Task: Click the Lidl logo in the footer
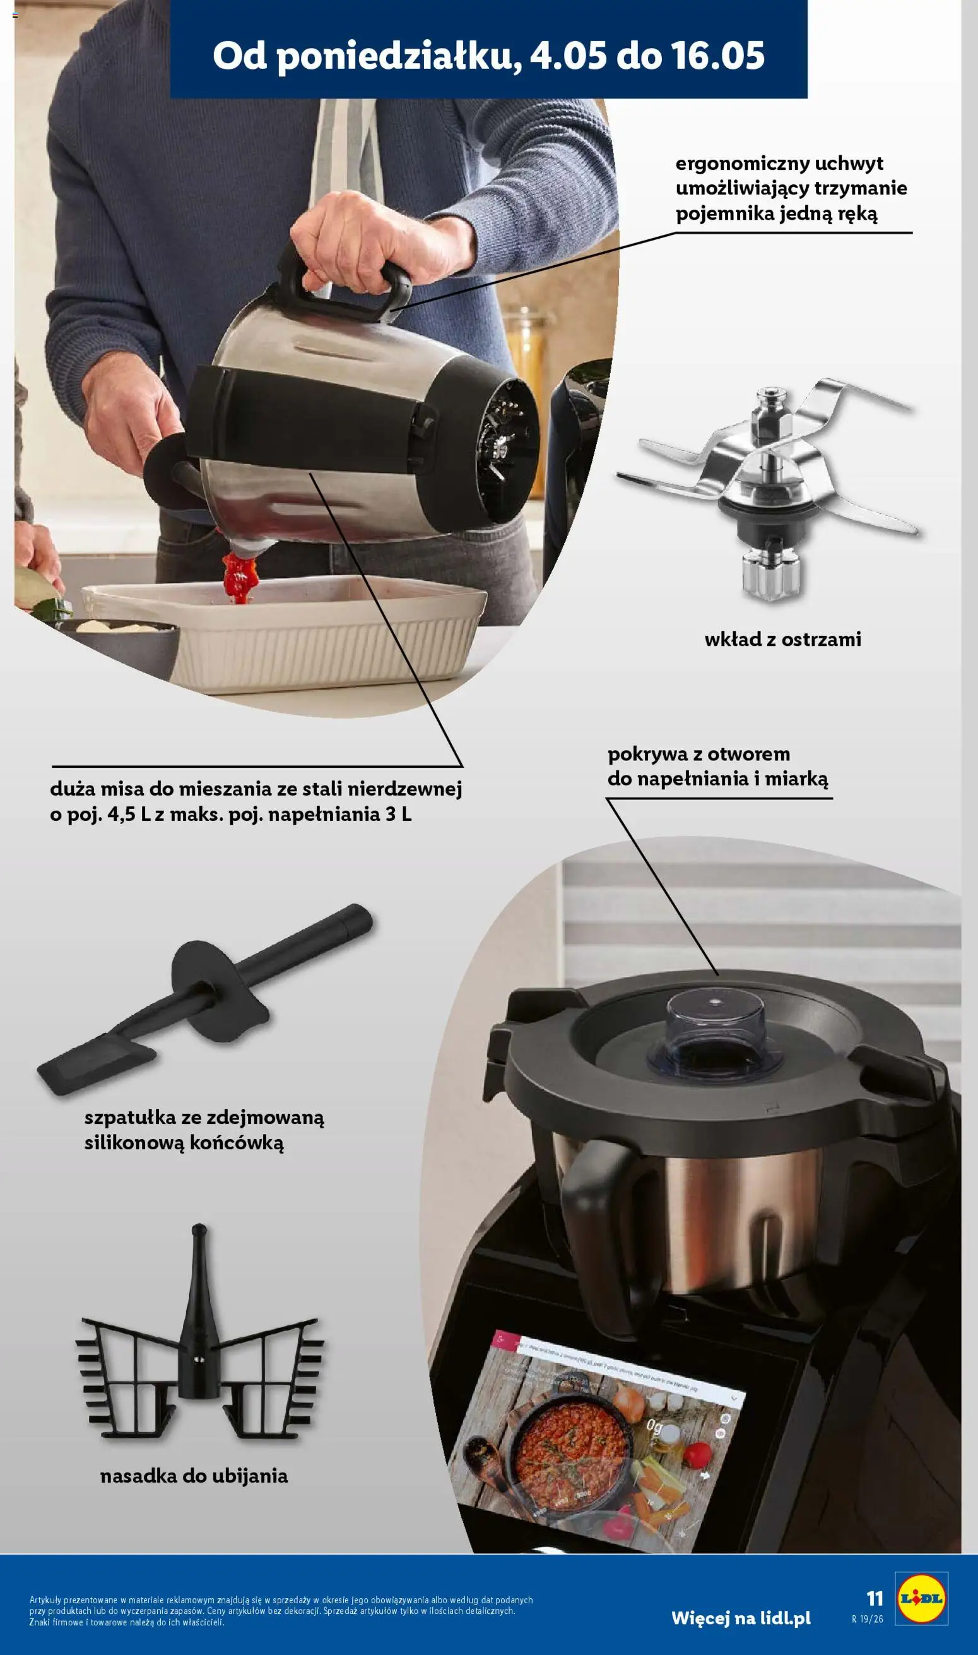[x=921, y=1598]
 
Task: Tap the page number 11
[x=875, y=1598]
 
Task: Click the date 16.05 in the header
[x=717, y=56]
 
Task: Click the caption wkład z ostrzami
[x=782, y=639]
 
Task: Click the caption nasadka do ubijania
[x=194, y=1476]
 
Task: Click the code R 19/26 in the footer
[x=868, y=1619]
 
